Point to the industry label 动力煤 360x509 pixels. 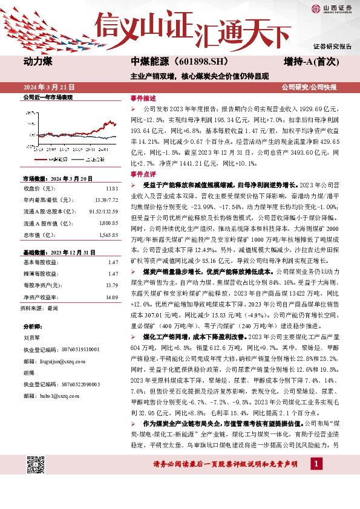pyautogui.click(x=39, y=62)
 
